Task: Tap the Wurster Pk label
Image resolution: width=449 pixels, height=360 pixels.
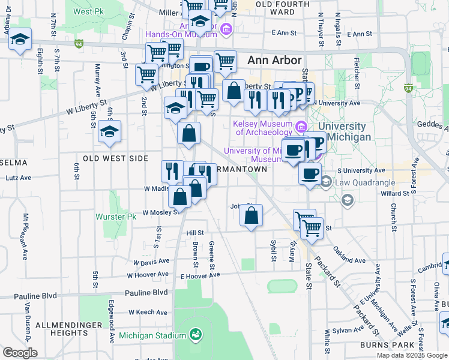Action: pos(112,216)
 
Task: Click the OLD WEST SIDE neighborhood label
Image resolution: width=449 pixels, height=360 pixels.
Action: pos(115,158)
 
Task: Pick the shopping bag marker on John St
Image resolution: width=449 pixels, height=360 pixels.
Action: pos(252,215)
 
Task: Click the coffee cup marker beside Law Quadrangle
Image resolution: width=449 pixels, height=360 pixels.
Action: pos(310,174)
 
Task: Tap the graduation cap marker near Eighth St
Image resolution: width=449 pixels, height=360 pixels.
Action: pos(20,39)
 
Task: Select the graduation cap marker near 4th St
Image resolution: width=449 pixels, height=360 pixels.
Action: pos(109,131)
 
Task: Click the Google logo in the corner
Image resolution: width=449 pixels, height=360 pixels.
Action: pos(20,353)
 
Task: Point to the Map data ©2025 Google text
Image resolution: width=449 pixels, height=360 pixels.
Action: pos(411,355)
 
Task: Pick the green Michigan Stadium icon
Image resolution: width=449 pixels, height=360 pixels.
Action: pos(195,334)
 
